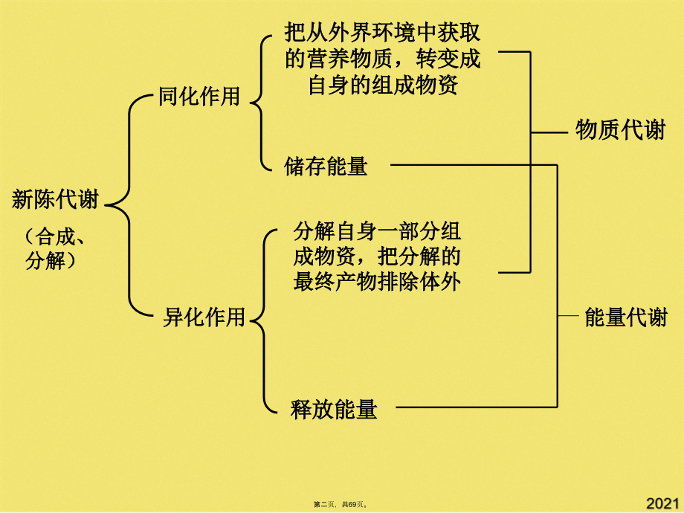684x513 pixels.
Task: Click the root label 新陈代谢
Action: click(55, 199)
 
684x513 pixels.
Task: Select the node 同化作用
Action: click(199, 97)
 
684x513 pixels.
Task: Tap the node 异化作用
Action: click(204, 317)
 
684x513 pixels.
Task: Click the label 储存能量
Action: click(326, 166)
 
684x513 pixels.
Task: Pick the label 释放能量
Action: click(335, 408)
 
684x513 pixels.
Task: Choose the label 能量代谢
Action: click(626, 317)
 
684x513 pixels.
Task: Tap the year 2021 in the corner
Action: click(662, 503)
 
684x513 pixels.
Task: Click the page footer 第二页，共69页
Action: click(341, 505)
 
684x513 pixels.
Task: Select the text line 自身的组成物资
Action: click(382, 85)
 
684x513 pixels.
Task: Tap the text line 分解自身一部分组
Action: click(378, 231)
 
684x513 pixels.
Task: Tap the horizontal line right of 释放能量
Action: click(476, 407)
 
